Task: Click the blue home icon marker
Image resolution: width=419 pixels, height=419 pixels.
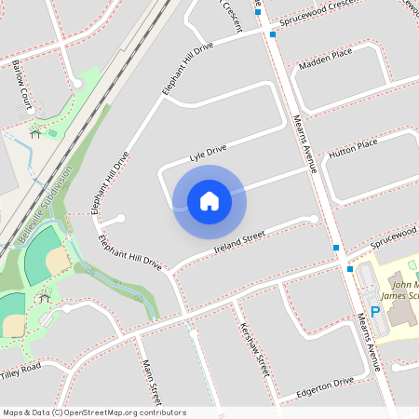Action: tap(209, 201)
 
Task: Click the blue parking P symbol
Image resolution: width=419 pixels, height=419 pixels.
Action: tap(375, 312)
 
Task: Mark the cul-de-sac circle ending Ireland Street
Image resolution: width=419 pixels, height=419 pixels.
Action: tap(314, 219)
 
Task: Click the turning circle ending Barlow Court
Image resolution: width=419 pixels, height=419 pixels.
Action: tap(77, 84)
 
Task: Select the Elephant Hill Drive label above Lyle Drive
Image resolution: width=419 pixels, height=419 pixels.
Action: tap(188, 67)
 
